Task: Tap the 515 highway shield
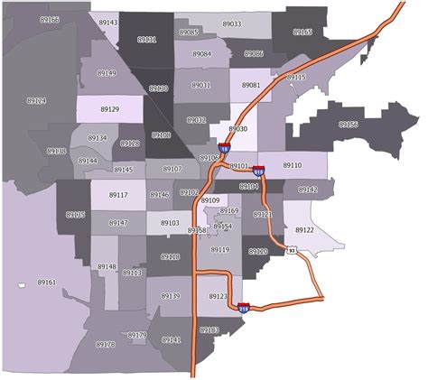[259, 169]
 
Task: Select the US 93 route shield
[291, 250]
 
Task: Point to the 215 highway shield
[243, 307]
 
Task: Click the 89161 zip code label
[46, 283]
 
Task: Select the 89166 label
[51, 19]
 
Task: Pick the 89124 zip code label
[36, 101]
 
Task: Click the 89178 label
[105, 345]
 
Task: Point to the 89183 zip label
[209, 330]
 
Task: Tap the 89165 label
[302, 32]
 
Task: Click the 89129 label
[109, 109]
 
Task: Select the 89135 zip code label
[76, 215]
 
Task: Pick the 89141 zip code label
[171, 339]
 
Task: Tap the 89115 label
[296, 78]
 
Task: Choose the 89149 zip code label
[107, 72]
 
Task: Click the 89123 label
[218, 296]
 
